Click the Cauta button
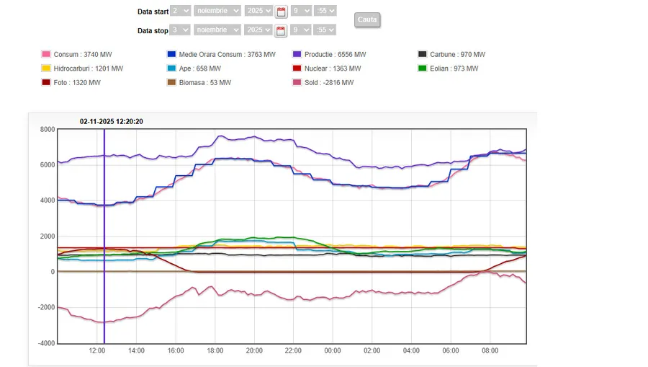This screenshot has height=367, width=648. click(x=367, y=19)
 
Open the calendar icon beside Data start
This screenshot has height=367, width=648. click(x=281, y=12)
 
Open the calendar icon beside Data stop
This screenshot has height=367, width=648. click(x=281, y=30)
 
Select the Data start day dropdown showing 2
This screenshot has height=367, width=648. click(x=181, y=11)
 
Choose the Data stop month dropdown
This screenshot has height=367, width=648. click(x=217, y=30)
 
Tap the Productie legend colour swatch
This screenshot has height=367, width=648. click(x=297, y=55)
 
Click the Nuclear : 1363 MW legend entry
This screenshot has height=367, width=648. click(x=333, y=68)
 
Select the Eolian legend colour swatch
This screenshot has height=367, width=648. click(x=423, y=68)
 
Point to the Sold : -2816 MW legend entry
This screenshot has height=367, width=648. click(x=329, y=83)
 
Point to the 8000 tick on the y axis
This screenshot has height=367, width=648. click(x=47, y=130)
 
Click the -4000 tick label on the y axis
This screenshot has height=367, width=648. click(x=45, y=343)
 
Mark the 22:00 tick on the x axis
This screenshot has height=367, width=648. click(x=294, y=350)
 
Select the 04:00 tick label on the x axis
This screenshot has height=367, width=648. click(x=411, y=350)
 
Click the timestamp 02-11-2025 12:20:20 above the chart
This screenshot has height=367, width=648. click(x=112, y=121)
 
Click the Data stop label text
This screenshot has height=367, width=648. click(x=153, y=30)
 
